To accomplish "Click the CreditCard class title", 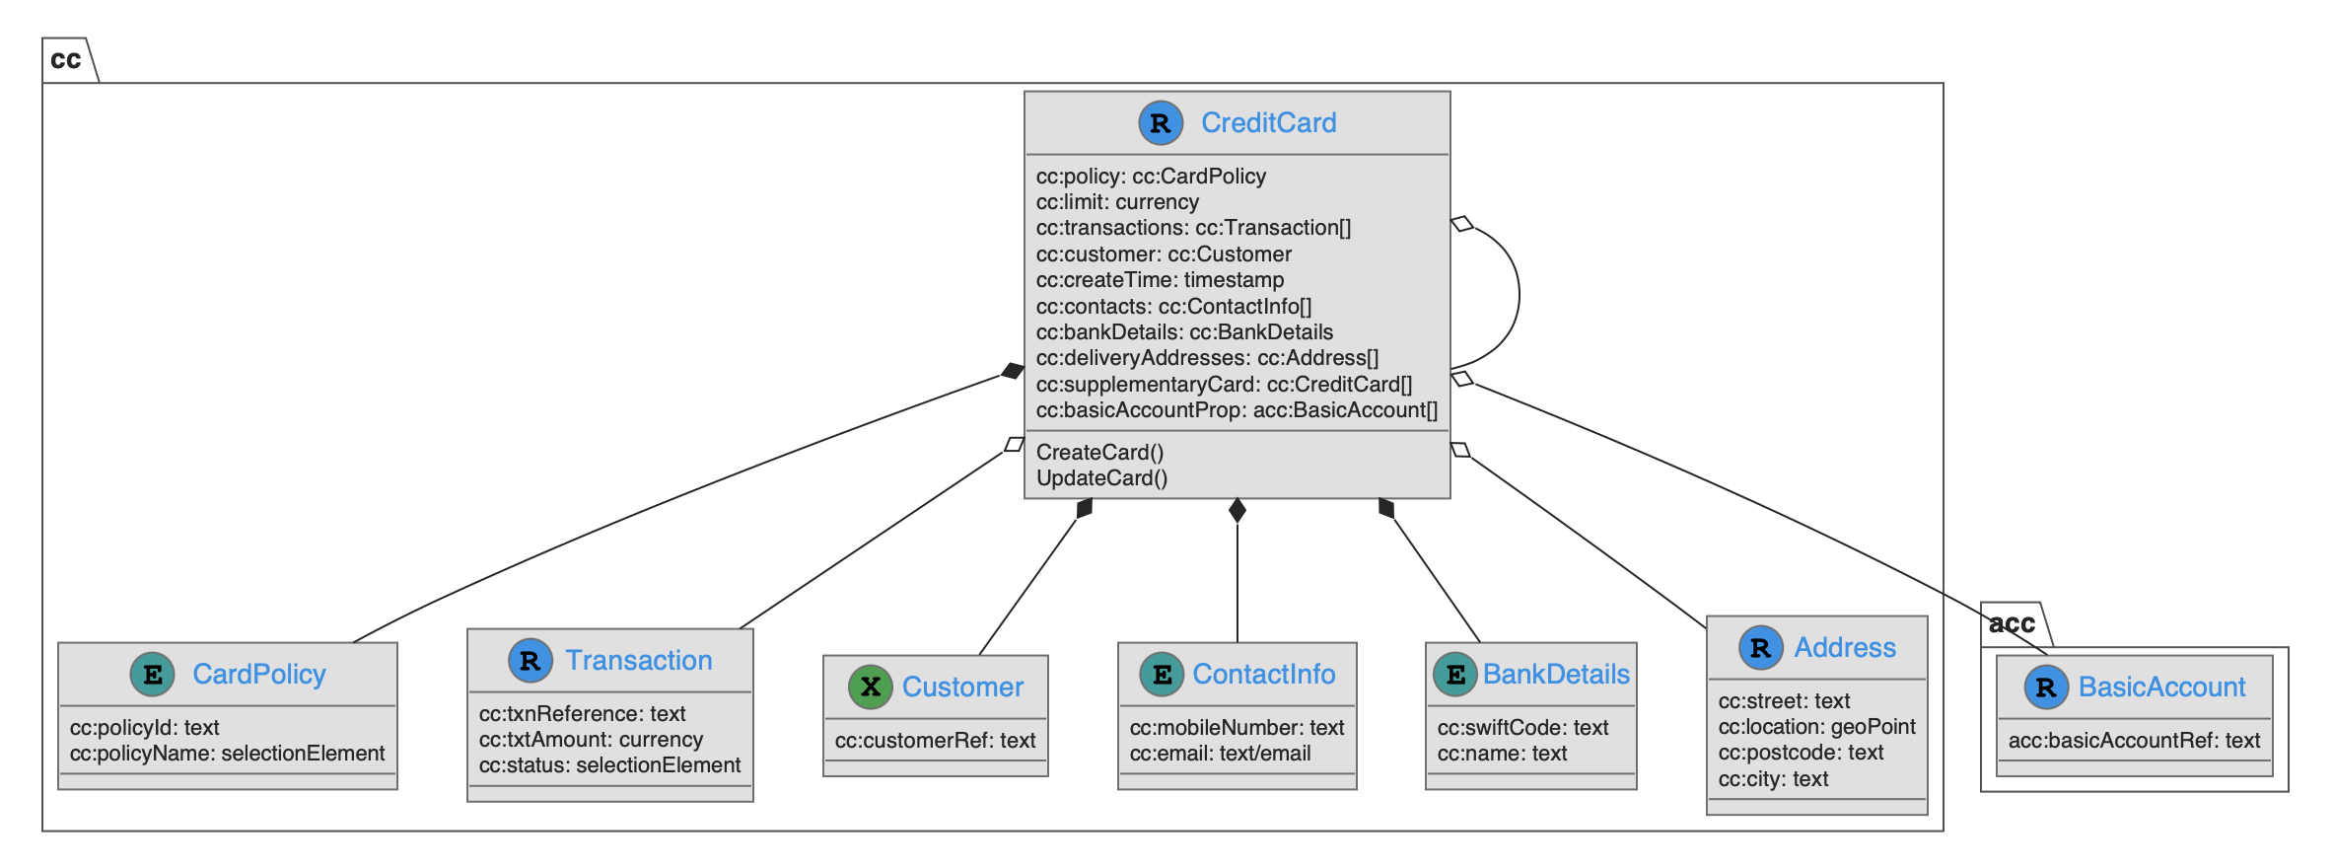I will [x=1268, y=123].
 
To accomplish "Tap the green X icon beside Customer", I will [x=870, y=687].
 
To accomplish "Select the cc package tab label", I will [x=66, y=60].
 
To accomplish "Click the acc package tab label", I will [x=2012, y=623].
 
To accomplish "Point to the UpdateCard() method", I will [x=1101, y=478].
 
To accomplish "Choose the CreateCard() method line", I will [x=1099, y=453].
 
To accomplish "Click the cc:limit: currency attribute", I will [x=1117, y=202].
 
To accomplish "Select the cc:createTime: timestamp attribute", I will [x=1160, y=280].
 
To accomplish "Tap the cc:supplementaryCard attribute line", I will [x=1224, y=385].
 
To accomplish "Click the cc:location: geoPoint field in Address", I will [x=1816, y=727].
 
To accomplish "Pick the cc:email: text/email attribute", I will [x=1220, y=754].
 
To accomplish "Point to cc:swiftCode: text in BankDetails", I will [x=1522, y=728].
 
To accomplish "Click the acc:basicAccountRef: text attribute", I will [x=2134, y=741].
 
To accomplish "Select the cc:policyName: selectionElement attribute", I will [x=227, y=754].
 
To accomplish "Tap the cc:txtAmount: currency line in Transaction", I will [x=591, y=740].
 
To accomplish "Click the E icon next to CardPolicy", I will [x=153, y=675].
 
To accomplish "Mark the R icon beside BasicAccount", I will [x=2046, y=687].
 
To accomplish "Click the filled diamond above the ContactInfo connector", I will [x=1237, y=510].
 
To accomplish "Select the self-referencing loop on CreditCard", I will [x=1518, y=296].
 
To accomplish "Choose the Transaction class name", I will [x=638, y=661].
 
